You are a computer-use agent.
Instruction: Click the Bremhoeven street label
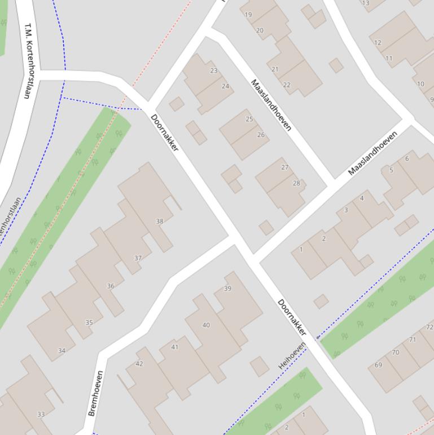coord(95,393)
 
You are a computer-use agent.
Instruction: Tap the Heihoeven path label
coord(292,356)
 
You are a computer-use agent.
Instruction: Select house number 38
coord(159,221)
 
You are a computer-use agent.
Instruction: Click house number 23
coord(213,71)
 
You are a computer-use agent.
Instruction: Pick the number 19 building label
coord(248,15)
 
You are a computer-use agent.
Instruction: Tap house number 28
coord(296,183)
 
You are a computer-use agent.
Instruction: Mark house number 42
coord(139,364)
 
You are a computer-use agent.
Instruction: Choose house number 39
coord(227,289)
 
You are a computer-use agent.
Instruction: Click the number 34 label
coord(62,351)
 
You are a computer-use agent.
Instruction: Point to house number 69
coord(378,365)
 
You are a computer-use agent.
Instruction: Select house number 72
coord(429,327)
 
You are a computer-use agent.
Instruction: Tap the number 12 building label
coord(378,42)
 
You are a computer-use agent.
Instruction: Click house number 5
coord(391,170)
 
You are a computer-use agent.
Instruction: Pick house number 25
coord(249,119)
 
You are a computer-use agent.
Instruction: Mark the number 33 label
coord(41,415)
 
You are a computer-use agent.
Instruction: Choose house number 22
coord(287,85)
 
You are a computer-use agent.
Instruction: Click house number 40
coord(206,325)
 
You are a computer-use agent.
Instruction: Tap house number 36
coord(111,286)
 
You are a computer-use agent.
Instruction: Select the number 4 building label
coord(362,198)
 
